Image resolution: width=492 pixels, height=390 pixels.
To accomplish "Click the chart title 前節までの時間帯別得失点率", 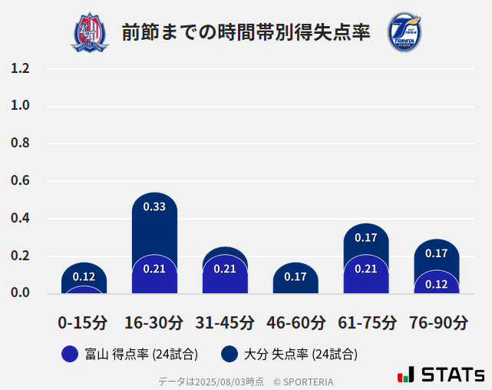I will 246,32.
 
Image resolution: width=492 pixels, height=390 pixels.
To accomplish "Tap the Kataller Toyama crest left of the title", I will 90,32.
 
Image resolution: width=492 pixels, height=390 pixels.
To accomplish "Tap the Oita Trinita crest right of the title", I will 404,32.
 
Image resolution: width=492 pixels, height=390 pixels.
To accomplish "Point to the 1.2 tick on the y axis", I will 21,69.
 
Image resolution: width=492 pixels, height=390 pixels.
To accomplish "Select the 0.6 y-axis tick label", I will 21,181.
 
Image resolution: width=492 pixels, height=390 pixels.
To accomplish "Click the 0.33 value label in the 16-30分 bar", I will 154,207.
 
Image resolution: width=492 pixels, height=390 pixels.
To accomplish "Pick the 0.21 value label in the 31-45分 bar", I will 225,269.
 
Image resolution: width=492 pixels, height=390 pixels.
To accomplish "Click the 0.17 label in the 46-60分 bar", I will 296,276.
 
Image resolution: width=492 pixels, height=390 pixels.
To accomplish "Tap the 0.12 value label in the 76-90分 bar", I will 436,284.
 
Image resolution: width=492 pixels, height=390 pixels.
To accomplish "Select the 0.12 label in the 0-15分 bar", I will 84,276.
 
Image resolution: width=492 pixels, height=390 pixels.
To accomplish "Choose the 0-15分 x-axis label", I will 83,322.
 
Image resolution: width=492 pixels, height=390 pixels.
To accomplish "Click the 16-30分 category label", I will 154,322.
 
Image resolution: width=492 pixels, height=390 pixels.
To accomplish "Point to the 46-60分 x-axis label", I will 296,322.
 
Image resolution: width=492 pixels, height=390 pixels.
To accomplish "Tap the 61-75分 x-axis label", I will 366,322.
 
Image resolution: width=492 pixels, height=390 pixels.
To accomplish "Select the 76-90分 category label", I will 438,322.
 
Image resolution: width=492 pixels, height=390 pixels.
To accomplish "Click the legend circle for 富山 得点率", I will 70,354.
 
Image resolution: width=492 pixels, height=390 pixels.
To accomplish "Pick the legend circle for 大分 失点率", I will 229,354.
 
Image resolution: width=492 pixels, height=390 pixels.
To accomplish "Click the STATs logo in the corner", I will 441,375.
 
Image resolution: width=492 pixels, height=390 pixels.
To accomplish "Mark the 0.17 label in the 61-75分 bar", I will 366,238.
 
